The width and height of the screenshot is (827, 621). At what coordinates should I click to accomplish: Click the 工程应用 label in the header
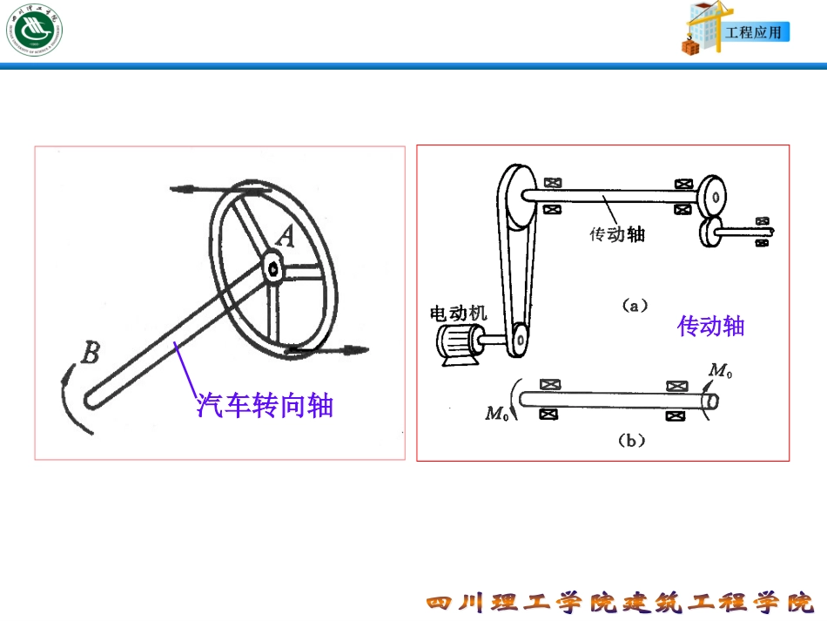click(754, 33)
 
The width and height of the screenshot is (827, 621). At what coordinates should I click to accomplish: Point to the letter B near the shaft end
click(90, 353)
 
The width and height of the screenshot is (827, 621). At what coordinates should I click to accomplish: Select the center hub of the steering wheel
click(273, 269)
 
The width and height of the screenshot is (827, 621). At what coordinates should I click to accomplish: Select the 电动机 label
click(459, 313)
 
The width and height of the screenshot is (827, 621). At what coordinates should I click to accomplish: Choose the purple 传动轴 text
click(711, 327)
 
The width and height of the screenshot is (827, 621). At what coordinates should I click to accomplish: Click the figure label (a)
click(632, 305)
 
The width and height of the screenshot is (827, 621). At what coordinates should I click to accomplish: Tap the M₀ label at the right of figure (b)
click(720, 372)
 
